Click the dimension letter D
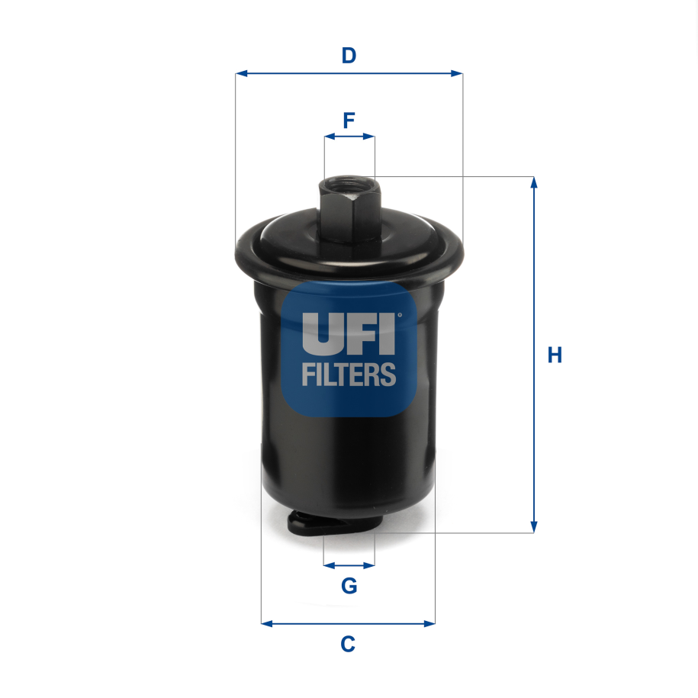[x=349, y=56]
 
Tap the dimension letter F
[x=349, y=121]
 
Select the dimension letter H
[x=555, y=355]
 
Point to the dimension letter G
[x=349, y=586]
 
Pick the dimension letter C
[x=348, y=645]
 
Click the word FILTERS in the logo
[x=349, y=375]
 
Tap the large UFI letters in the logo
[x=349, y=333]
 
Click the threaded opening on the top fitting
[x=349, y=184]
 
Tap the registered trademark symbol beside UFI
[x=398, y=314]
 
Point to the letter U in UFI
[x=319, y=333]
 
